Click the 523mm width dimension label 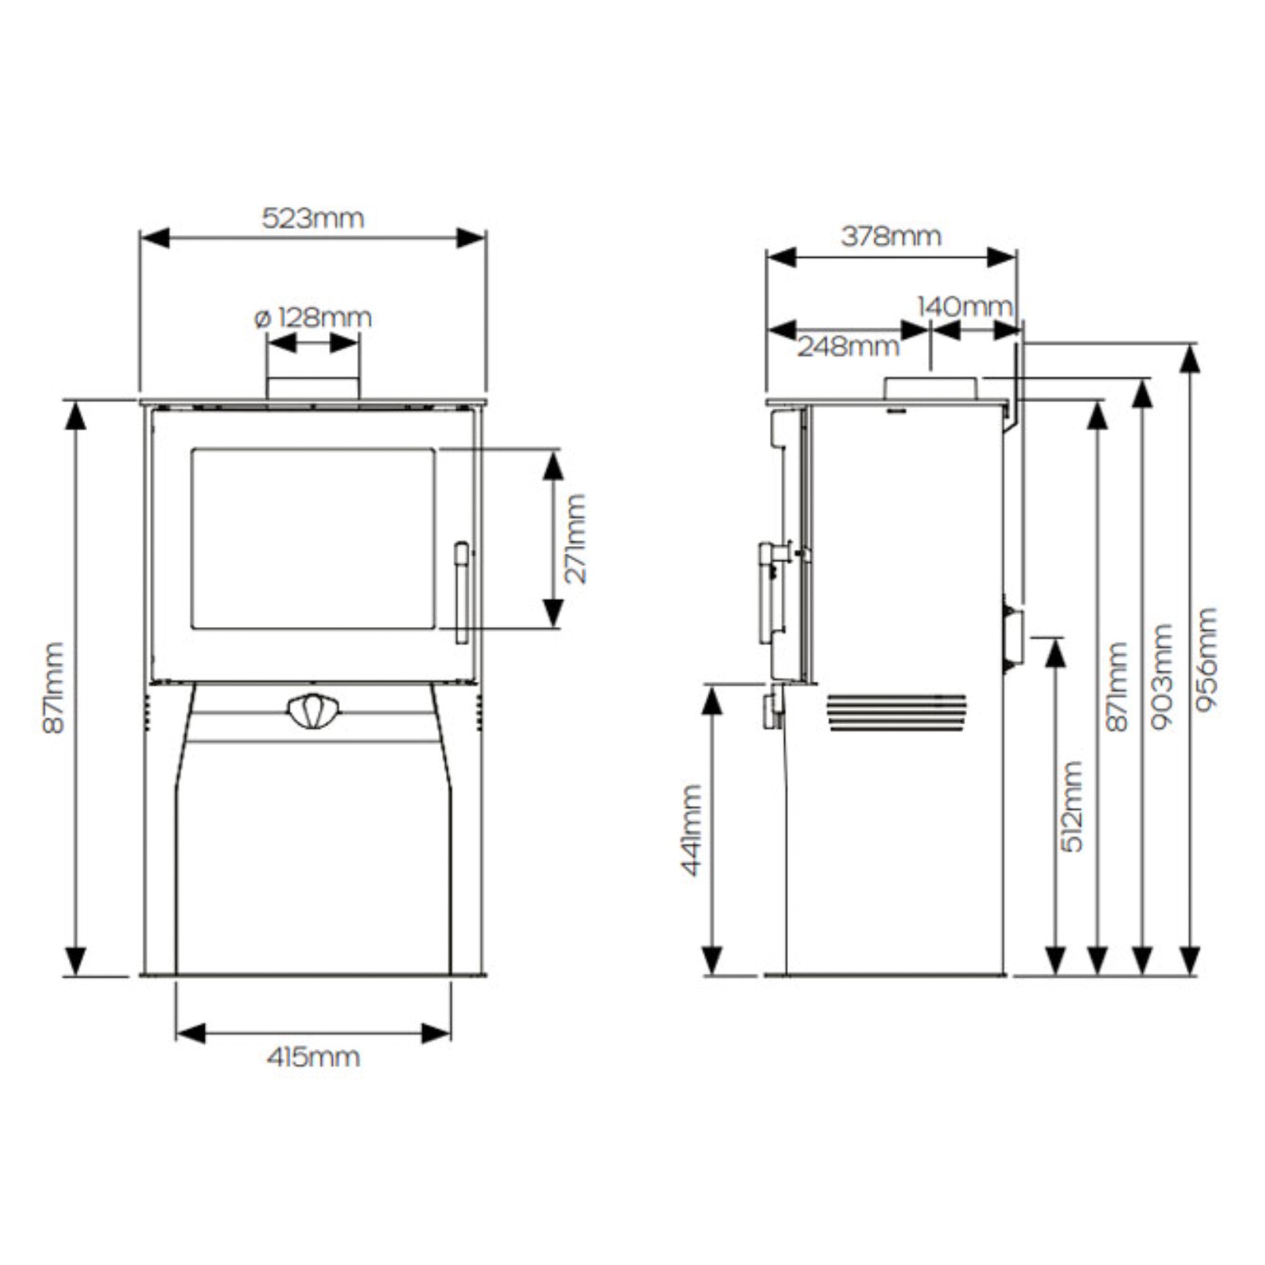[x=313, y=218]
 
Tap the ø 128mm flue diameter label [x=313, y=318]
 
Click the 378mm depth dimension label [x=891, y=236]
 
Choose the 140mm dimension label [x=965, y=306]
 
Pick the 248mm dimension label [x=848, y=347]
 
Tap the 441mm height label [x=691, y=830]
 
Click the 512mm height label [x=1071, y=806]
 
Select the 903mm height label [x=1162, y=676]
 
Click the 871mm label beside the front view [x=54, y=688]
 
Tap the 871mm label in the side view [x=1117, y=686]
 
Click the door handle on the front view [x=462, y=592]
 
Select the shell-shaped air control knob [x=313, y=711]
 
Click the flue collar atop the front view [x=313, y=388]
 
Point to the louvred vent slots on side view [x=896, y=712]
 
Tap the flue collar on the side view [x=930, y=388]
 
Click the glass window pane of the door [x=313, y=538]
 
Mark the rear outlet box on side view [x=1013, y=638]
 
